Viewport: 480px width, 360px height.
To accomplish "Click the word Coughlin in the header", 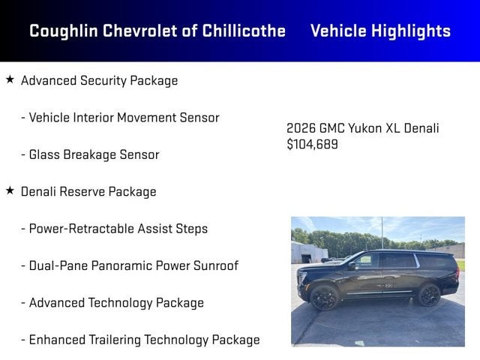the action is [64, 31].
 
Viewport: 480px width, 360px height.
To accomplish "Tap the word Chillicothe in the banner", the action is [244, 31].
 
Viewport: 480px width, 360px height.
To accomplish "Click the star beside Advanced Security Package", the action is [10, 79].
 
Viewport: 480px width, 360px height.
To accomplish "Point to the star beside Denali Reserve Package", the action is [10, 190].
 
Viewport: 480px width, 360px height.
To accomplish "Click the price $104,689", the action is [312, 144].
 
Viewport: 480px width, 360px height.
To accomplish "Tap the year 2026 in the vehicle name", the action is [301, 128].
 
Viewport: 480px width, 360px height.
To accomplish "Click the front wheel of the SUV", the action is [324, 298].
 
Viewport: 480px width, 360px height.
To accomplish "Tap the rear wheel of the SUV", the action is [429, 295].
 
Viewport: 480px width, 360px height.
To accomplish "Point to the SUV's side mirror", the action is [352, 265].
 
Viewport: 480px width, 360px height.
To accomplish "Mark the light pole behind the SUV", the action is [382, 233].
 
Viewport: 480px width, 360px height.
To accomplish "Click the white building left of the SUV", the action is [308, 253].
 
